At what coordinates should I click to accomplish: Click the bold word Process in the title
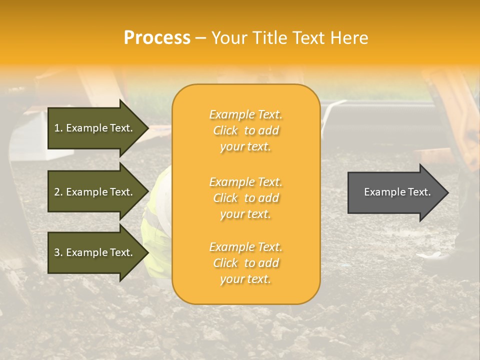(157, 38)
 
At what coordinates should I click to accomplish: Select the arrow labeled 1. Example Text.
(93, 128)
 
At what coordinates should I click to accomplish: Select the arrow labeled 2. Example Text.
(93, 192)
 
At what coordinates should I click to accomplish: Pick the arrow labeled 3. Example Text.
(93, 252)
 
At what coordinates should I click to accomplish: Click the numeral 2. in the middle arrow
(58, 192)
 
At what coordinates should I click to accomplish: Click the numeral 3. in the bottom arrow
(58, 252)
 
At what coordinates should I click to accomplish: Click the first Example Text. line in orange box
(245, 114)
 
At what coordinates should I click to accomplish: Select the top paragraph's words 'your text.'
(245, 147)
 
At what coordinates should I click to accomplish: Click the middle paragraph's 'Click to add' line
(245, 198)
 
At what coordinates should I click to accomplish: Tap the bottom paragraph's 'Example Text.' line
(245, 247)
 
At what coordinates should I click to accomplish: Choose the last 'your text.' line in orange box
(245, 279)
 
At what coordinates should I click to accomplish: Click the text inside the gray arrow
(397, 192)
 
